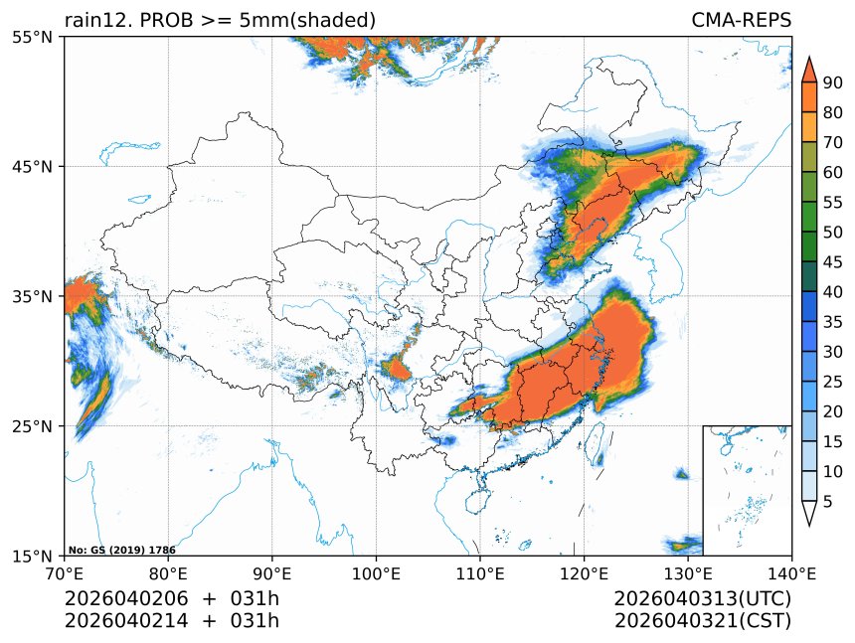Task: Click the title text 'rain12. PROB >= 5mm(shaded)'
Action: [220, 20]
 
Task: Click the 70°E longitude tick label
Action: [65, 572]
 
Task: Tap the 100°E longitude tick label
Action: [376, 572]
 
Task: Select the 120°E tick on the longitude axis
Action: [584, 572]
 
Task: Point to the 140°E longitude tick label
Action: [791, 572]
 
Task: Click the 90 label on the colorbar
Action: [832, 83]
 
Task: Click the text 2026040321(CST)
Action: [702, 621]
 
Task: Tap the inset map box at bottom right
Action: [747, 490]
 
